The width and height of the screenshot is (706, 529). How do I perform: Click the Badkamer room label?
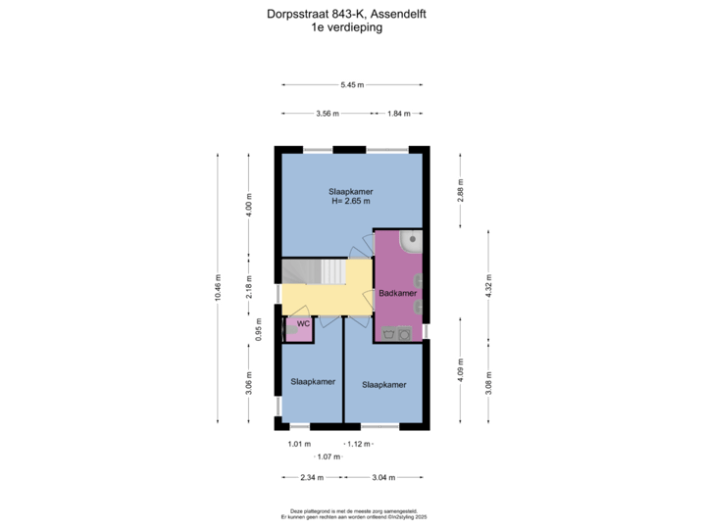pos(397,293)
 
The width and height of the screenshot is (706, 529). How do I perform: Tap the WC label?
pos(303,323)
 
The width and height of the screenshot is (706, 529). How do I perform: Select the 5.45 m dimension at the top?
pos(352,84)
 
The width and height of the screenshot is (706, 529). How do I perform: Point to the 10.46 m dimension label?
pos(218,287)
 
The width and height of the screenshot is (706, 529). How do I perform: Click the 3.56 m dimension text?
pos(328,114)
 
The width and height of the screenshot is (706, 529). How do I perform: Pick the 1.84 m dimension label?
pos(399,114)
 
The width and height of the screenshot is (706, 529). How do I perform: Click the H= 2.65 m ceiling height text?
pos(351,201)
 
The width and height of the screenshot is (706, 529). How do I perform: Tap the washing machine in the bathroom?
pos(404,334)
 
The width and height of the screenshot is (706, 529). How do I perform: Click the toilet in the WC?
pos(291,330)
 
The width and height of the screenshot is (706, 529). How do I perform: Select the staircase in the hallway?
pos(314,271)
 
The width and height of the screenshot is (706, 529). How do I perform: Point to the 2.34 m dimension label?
pos(312,477)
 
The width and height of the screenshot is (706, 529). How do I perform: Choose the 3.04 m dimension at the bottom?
pos(383,477)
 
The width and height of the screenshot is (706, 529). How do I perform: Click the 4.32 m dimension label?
pos(489,284)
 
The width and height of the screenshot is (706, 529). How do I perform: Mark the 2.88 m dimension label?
pos(461,190)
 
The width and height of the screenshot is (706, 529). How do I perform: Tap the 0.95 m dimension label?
pos(259,329)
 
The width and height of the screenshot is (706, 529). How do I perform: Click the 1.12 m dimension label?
pos(359,444)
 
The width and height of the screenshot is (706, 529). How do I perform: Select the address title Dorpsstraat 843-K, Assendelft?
pos(347,14)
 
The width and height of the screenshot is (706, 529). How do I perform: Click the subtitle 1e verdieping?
pos(347,27)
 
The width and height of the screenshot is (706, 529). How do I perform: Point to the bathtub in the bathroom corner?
pos(411,242)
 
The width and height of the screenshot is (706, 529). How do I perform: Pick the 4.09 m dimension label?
pos(461,370)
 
